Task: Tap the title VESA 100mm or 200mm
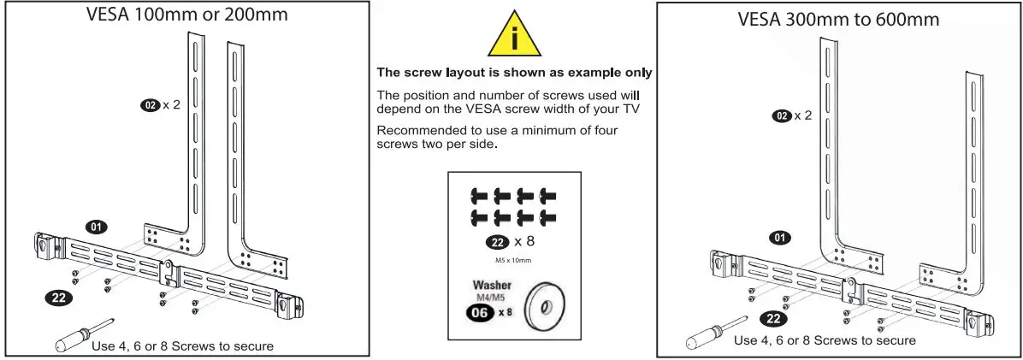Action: (x=186, y=14)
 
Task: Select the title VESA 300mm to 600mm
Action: (x=838, y=19)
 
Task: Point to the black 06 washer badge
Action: (x=480, y=312)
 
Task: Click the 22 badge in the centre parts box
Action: (x=498, y=243)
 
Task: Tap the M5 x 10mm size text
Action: (x=513, y=261)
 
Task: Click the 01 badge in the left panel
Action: (x=96, y=227)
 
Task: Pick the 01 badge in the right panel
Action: (x=779, y=238)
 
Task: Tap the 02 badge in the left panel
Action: (x=150, y=104)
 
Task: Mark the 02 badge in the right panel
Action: (x=782, y=116)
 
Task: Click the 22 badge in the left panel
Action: (x=58, y=298)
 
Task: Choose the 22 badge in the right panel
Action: (x=774, y=319)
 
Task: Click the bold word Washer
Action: (x=491, y=285)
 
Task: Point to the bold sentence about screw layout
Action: (x=515, y=73)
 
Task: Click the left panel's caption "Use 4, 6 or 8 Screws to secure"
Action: (x=183, y=345)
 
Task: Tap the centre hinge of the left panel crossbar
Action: (x=169, y=272)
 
